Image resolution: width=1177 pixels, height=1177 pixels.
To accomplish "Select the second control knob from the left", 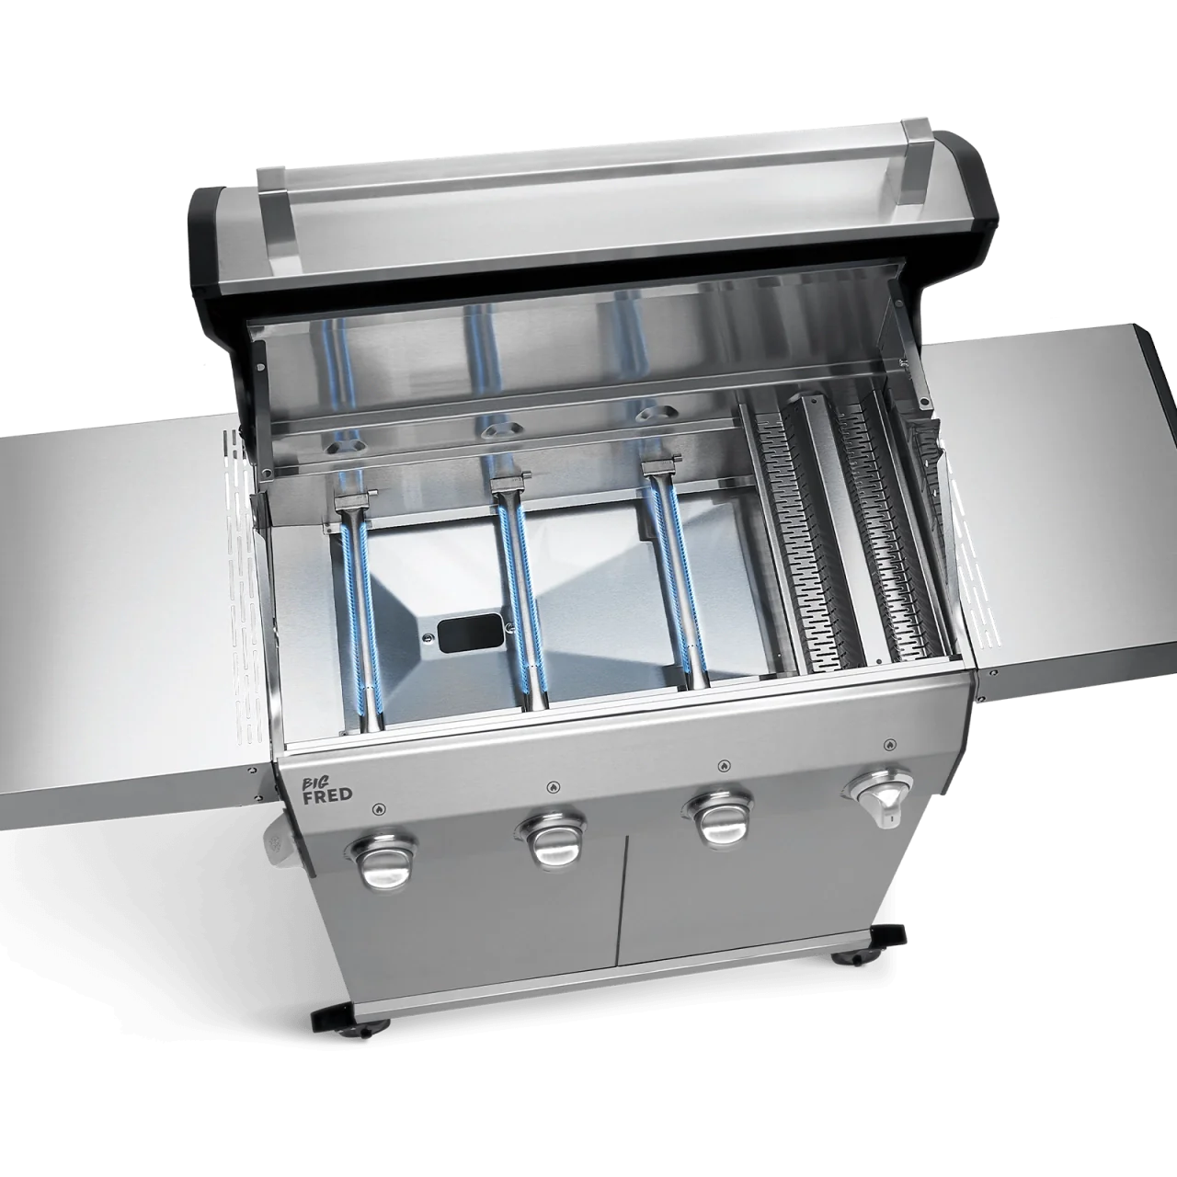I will [x=554, y=838].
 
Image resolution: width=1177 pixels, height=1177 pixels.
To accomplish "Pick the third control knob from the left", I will [x=716, y=818].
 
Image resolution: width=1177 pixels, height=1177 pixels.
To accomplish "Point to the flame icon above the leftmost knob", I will [x=379, y=808].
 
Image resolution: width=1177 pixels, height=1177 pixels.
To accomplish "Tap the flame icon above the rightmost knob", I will [x=886, y=744].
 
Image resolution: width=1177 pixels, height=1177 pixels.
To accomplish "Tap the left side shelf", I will [x=110, y=588].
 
